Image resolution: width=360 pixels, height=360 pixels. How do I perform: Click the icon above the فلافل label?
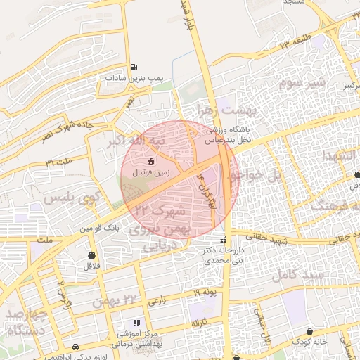tap(91, 255)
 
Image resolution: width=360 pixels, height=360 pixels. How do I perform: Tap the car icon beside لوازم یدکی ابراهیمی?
tap(75, 347)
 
